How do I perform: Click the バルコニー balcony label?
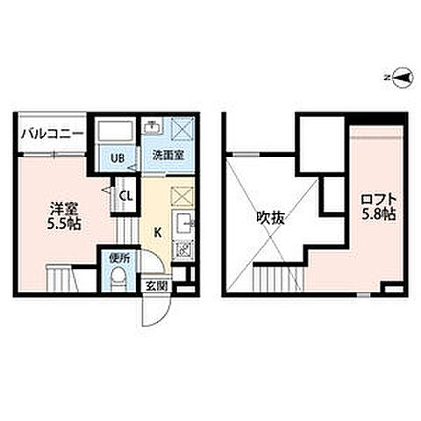tap(52, 134)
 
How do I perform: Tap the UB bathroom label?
tap(116, 159)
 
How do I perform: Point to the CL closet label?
tap(126, 196)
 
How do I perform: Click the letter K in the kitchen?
tap(158, 232)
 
